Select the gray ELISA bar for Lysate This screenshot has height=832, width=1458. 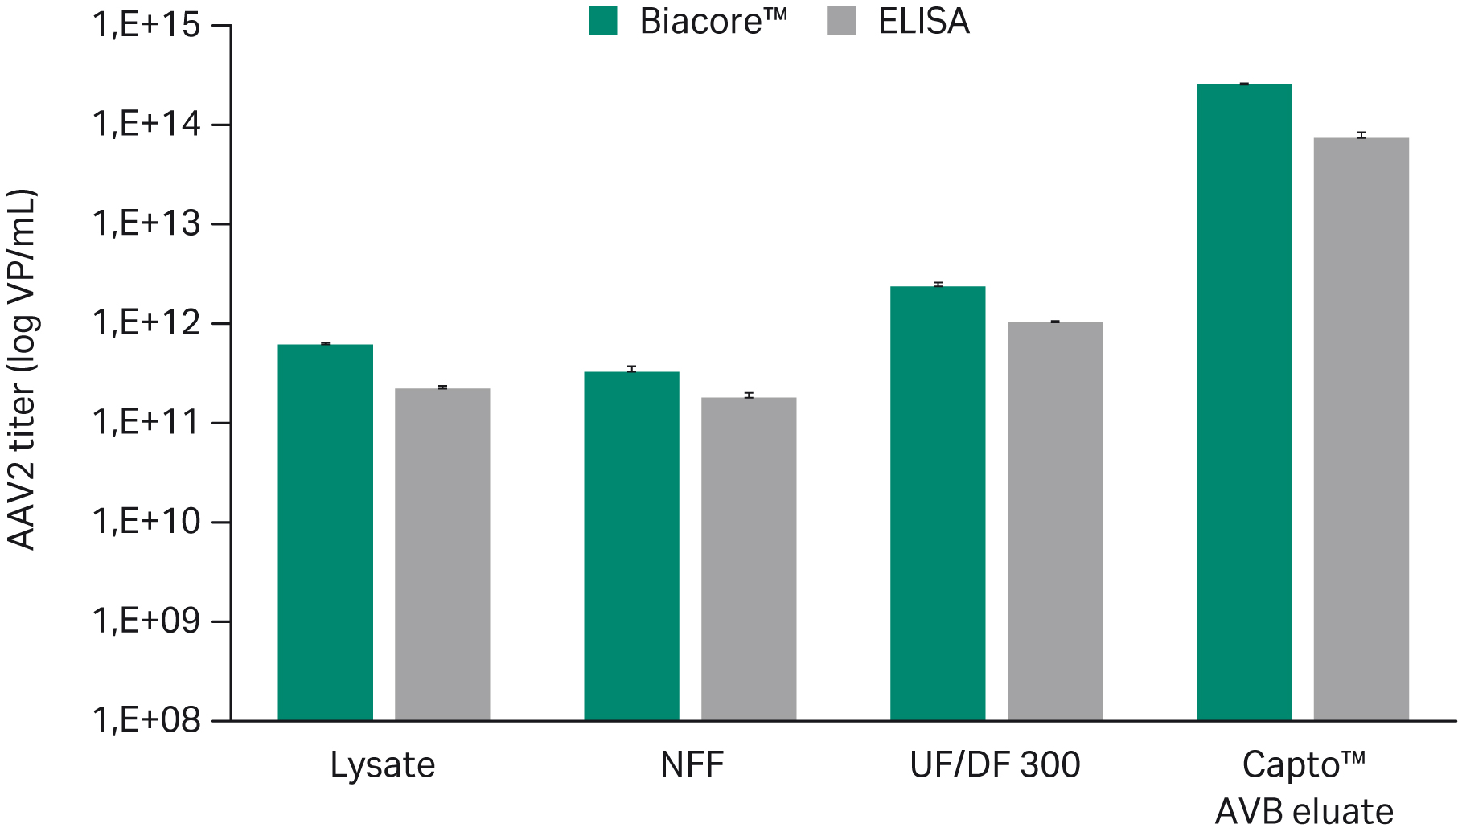pos(442,555)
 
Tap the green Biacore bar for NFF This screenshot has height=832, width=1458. pos(631,546)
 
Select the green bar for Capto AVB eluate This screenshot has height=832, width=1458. pos(1244,402)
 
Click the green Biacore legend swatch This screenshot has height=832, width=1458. pos(603,21)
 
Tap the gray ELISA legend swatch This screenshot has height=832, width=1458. pos(841,21)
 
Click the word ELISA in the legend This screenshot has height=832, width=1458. pos(924,22)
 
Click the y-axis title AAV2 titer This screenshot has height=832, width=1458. pos(23,370)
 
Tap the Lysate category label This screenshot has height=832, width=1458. pos(383,764)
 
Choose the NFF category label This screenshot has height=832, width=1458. pos(692,764)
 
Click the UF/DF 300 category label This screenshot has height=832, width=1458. pos(995,764)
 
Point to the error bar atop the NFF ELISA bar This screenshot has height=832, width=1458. pos(749,396)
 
